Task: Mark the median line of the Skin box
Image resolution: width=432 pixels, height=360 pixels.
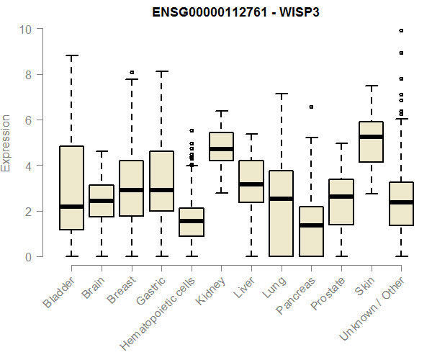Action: [x=371, y=137]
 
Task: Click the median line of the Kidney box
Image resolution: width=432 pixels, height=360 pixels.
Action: [x=221, y=149]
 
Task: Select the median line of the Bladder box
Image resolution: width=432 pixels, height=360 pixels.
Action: [x=71, y=207]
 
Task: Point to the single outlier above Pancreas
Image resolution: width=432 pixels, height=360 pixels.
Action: [x=311, y=107]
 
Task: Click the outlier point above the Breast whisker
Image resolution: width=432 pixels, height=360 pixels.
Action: [x=131, y=73]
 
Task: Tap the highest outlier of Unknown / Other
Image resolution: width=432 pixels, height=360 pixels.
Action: [x=401, y=30]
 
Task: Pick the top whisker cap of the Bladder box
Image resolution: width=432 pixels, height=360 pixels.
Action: [x=71, y=55]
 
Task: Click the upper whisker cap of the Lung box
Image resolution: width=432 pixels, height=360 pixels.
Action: [x=281, y=94]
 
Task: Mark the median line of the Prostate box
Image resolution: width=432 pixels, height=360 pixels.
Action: [x=341, y=197]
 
